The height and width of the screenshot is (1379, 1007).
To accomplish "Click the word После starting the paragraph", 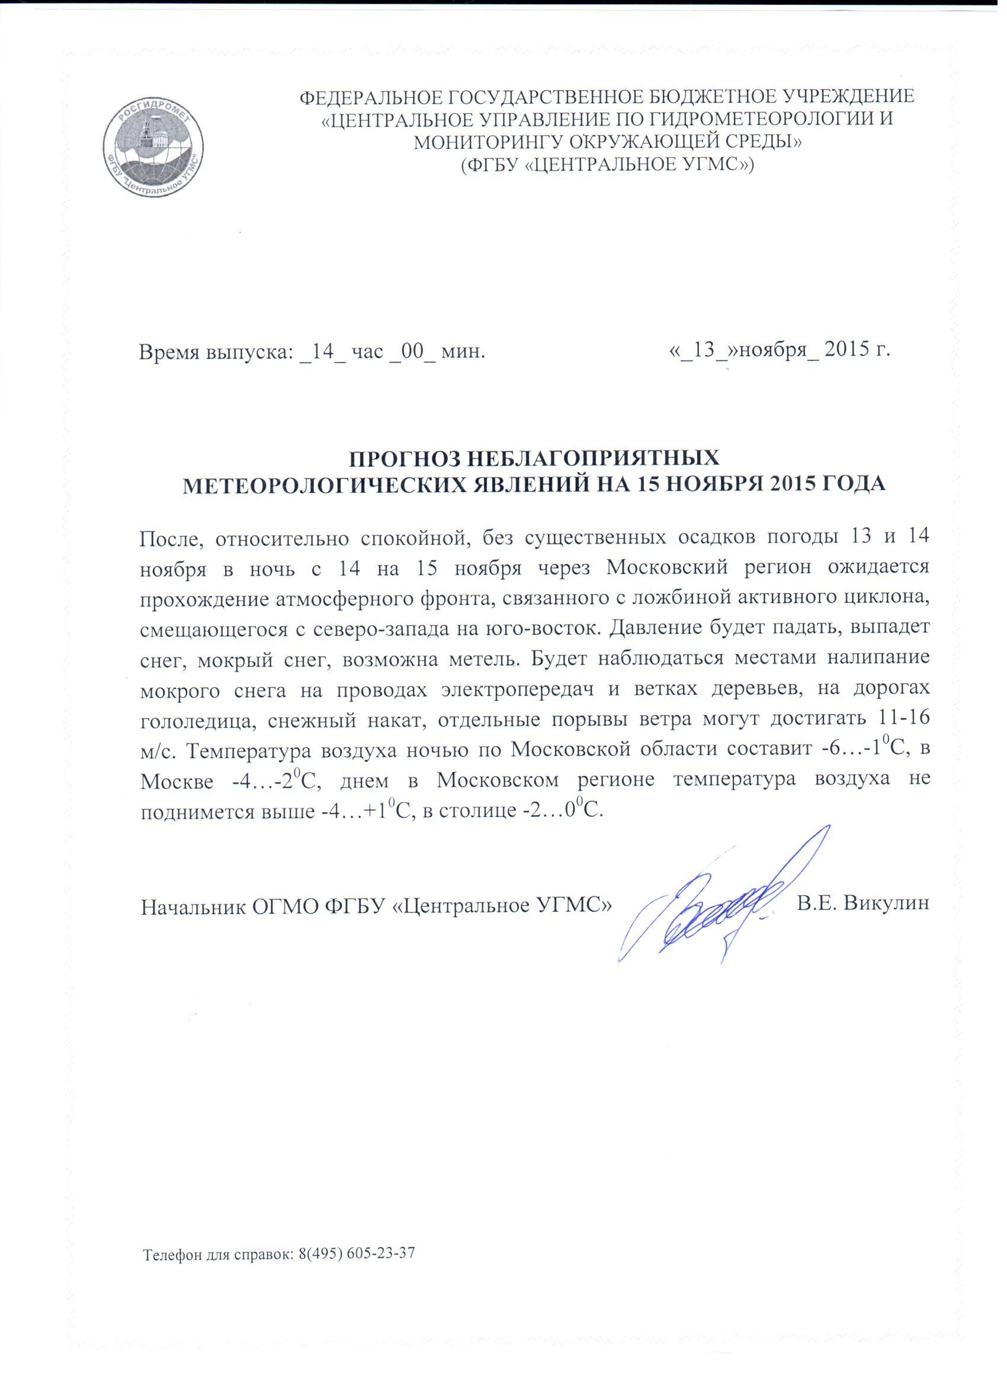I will (171, 538).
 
